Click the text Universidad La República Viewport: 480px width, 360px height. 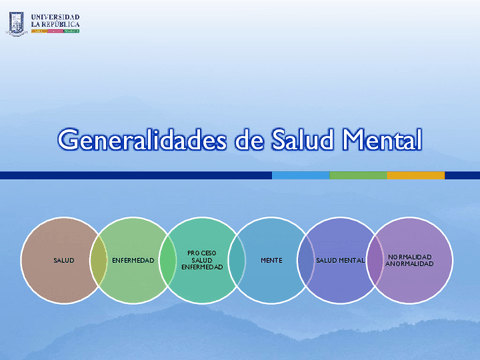[x=55, y=19]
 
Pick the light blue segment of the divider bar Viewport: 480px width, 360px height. [x=300, y=175]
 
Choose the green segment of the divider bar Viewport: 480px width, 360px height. [x=358, y=175]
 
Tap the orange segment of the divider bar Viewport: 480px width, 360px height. [x=415, y=175]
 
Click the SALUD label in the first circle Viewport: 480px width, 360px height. [x=64, y=260]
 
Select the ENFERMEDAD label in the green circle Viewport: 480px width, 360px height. [x=134, y=260]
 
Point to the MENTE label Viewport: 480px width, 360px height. [x=271, y=260]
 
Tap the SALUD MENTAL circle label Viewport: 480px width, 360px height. [x=340, y=260]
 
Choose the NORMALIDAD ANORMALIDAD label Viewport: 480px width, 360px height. [x=410, y=260]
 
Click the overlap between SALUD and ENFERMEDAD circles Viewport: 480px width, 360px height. [x=99, y=260]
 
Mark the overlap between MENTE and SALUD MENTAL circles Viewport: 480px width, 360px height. [x=306, y=260]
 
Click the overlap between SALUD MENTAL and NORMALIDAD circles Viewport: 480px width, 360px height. [x=375, y=260]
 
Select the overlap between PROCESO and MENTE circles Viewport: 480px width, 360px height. [x=237, y=260]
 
